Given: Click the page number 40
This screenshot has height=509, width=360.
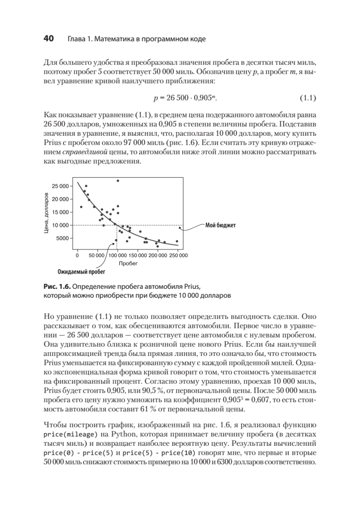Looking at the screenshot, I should point(48,39).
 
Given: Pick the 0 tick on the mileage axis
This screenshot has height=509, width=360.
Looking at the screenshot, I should point(77,256).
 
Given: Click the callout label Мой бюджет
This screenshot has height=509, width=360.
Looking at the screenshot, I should point(220,225).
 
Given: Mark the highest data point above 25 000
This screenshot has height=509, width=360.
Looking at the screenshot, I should point(118,181).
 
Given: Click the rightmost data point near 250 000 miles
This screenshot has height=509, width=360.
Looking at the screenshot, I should point(177,241).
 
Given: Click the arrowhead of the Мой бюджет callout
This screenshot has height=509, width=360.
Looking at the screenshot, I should point(181,228).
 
